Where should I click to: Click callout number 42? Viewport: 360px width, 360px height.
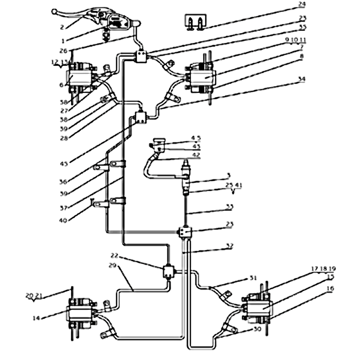tap(197, 155)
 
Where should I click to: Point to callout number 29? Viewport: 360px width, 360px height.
tap(112, 266)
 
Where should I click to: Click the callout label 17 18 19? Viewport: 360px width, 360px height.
tap(323, 269)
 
